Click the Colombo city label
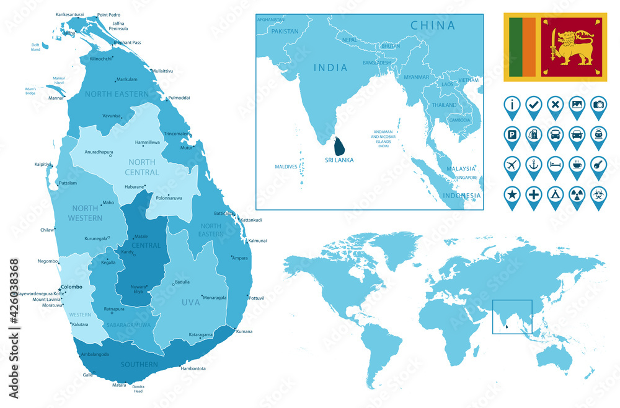(72, 287)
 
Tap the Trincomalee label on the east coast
(177, 134)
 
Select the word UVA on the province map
(190, 302)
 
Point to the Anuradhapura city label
(99, 150)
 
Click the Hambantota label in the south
(193, 368)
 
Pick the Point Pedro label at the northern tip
(108, 14)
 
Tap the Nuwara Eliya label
(138, 289)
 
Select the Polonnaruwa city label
(169, 199)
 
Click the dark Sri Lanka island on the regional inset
(340, 147)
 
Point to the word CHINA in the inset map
(432, 25)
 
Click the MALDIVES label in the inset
(286, 167)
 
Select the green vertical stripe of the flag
(515, 47)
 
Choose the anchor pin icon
(533, 165)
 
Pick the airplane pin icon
(512, 165)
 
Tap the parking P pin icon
(512, 134)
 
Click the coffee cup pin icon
(577, 165)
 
